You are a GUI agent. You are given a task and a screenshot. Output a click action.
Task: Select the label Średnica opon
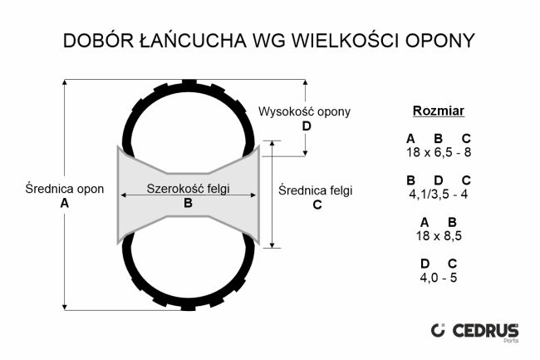65,189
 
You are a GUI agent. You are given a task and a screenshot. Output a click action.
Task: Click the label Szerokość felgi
188,188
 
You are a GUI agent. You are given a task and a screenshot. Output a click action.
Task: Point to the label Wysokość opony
305,111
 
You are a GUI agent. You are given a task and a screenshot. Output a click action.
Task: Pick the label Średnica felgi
316,190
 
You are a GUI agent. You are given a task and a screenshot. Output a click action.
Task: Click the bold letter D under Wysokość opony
307,126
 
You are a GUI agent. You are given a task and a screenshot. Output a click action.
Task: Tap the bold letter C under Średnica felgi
317,205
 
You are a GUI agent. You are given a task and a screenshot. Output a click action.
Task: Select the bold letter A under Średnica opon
65,204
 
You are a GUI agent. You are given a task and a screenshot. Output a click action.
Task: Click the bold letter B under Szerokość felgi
188,203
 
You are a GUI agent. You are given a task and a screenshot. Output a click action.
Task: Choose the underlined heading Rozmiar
439,111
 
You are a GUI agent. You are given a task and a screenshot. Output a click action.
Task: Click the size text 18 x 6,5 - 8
439,152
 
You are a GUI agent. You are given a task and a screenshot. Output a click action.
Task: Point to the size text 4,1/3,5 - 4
439,194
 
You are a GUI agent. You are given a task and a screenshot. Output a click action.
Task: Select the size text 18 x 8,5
439,235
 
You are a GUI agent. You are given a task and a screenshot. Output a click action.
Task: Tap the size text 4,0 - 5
439,277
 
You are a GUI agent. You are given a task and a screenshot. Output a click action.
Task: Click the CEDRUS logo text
486,330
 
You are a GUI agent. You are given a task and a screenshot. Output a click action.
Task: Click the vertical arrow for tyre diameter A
66,249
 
